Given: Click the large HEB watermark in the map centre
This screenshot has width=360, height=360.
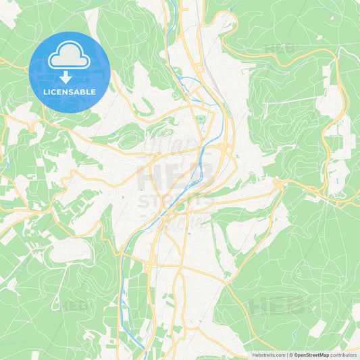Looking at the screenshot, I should (x=178, y=178).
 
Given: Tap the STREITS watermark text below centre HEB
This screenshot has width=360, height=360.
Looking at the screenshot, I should (x=176, y=201).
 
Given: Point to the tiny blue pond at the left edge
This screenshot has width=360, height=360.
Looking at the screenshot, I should (x=5, y=164).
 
